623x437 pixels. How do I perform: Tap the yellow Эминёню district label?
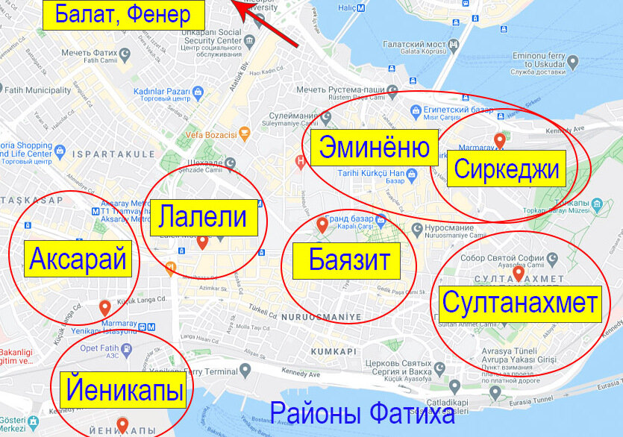(375, 148)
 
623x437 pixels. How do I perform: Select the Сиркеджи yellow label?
(507, 169)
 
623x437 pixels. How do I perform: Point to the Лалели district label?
(203, 217)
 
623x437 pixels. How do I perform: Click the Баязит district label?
(349, 261)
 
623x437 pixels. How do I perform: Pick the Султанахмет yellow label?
(520, 302)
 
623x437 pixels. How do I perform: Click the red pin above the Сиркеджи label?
(500, 139)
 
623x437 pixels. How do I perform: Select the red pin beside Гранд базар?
(322, 223)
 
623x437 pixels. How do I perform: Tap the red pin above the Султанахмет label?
(518, 273)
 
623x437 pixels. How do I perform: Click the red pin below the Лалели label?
(202, 241)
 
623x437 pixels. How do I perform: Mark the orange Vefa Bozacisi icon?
(243, 135)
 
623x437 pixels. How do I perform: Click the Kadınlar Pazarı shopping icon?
(197, 92)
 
